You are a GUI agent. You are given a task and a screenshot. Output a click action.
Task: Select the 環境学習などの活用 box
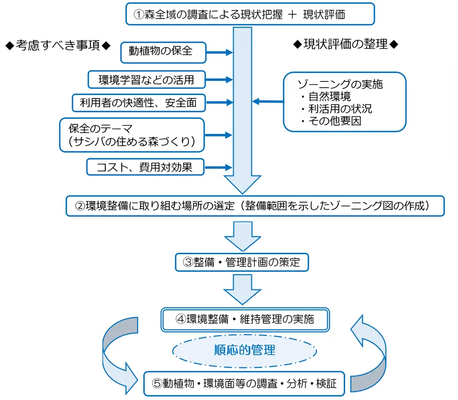[x=146, y=78]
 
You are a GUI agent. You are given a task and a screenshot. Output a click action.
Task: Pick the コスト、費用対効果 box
[x=145, y=167]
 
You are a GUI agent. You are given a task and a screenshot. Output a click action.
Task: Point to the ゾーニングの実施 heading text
[x=340, y=84]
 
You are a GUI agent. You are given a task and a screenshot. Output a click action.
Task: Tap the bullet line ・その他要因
[x=331, y=121]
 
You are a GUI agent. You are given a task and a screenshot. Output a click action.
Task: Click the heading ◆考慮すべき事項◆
[x=57, y=45]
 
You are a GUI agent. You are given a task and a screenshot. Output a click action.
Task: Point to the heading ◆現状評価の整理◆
[x=346, y=44]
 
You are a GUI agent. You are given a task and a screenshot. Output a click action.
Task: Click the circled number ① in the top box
[x=139, y=14]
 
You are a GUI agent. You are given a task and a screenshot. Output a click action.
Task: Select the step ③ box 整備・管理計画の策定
[x=242, y=262]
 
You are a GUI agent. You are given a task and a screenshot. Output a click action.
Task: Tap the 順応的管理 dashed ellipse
[x=245, y=350]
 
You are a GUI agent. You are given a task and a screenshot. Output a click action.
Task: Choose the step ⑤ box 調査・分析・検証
[x=245, y=383]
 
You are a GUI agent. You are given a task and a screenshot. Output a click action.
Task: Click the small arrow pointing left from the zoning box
[x=268, y=101]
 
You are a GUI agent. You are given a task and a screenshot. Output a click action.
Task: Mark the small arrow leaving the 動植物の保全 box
[x=220, y=52]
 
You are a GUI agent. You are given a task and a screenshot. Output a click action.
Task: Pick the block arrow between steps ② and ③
[x=244, y=235]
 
